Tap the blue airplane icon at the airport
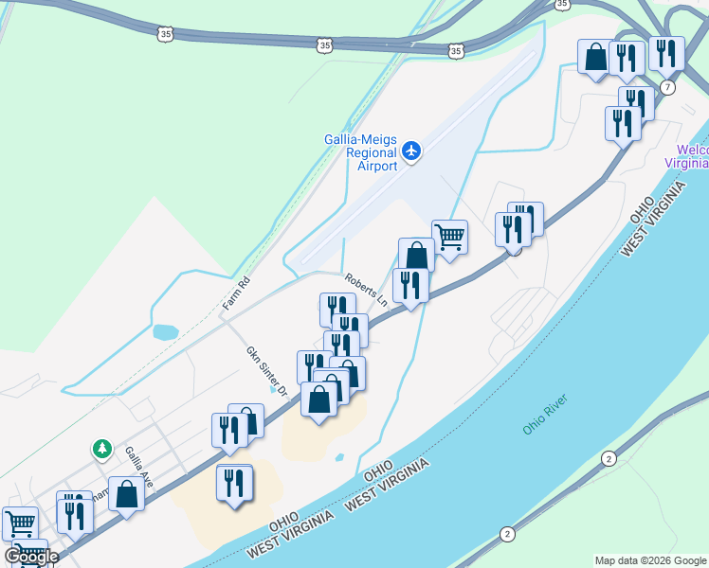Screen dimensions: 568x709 (411, 151)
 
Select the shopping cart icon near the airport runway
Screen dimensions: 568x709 (449, 237)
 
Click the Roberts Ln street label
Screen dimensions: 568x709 (367, 291)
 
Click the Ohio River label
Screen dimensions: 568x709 (541, 417)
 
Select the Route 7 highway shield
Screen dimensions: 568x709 (668, 88)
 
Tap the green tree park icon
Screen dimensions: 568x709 (101, 447)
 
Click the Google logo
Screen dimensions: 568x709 (30, 557)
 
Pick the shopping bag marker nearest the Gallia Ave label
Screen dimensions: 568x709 (126, 494)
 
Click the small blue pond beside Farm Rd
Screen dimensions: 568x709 (164, 332)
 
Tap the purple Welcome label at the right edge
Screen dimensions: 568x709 (693, 156)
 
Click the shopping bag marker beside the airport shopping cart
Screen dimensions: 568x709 (416, 255)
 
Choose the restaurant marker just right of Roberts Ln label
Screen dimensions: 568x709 (410, 285)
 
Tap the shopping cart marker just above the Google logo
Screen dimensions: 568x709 (19, 524)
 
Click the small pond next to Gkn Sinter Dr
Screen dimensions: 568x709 (275, 388)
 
